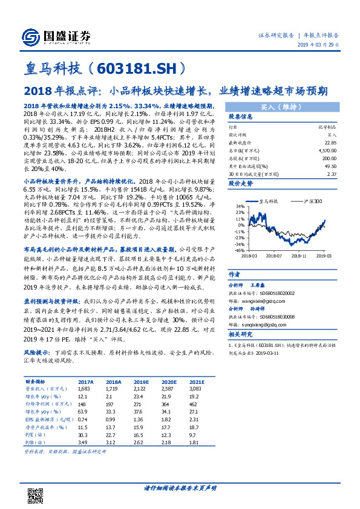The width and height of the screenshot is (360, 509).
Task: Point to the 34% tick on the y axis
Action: (x=240, y=206)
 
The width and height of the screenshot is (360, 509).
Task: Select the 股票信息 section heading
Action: (x=239, y=117)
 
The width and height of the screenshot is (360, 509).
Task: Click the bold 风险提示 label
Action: (x=35, y=351)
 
